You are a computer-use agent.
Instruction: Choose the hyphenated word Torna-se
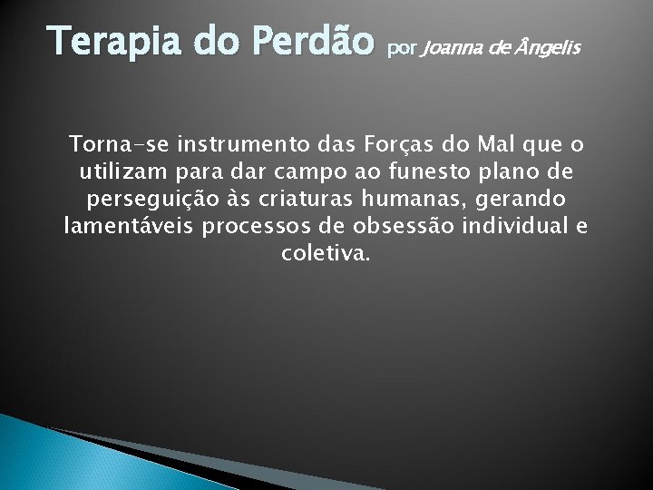click(112, 144)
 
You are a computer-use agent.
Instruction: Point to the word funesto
click(443, 171)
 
